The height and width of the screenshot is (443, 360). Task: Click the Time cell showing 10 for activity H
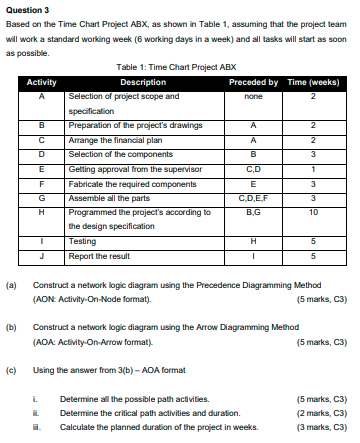click(314, 214)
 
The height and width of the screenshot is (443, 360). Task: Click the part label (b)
click(12, 327)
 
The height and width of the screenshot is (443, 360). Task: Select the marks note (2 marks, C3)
click(319, 412)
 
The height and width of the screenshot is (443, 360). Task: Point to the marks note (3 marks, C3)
click(319, 425)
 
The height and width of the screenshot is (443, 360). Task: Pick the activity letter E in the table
click(41, 170)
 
